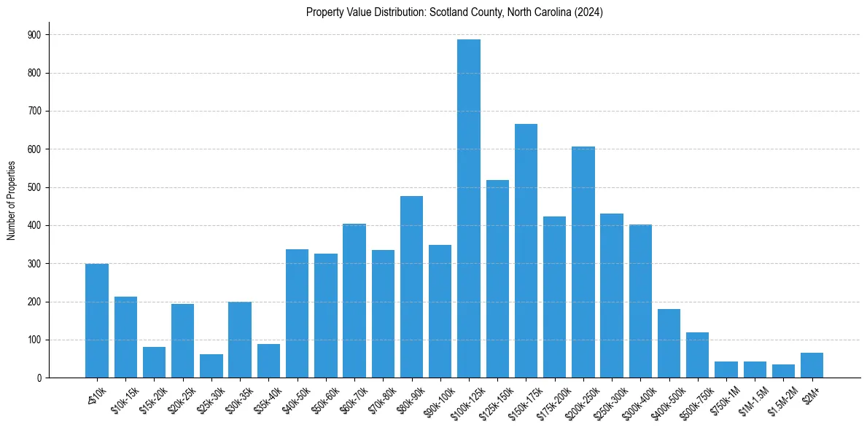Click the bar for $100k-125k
tap(469, 208)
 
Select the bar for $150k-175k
tap(526, 251)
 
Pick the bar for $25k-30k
tap(211, 366)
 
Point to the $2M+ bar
tap(812, 365)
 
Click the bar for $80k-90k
tap(411, 286)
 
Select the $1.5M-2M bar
tap(783, 371)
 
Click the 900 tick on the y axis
tap(34, 35)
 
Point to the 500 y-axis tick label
tap(34, 187)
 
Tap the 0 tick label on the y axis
tap(39, 378)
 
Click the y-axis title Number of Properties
tap(11, 200)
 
